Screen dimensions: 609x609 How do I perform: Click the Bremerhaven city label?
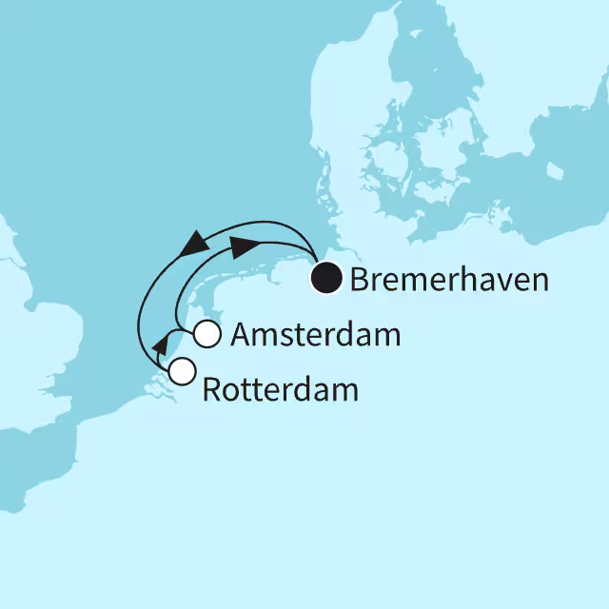tap(450, 280)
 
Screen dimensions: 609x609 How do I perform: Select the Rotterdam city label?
tap(281, 389)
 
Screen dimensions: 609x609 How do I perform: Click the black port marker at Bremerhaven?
tap(328, 279)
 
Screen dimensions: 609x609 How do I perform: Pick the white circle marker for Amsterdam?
tap(207, 335)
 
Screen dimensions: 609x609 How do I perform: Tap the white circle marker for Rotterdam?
tap(181, 369)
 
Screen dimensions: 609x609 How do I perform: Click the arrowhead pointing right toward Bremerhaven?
tap(245, 246)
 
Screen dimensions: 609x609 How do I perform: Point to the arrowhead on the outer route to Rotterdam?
tap(195, 244)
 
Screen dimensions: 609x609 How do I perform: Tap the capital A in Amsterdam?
tap(242, 335)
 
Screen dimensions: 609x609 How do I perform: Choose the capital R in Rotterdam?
tap(212, 389)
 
